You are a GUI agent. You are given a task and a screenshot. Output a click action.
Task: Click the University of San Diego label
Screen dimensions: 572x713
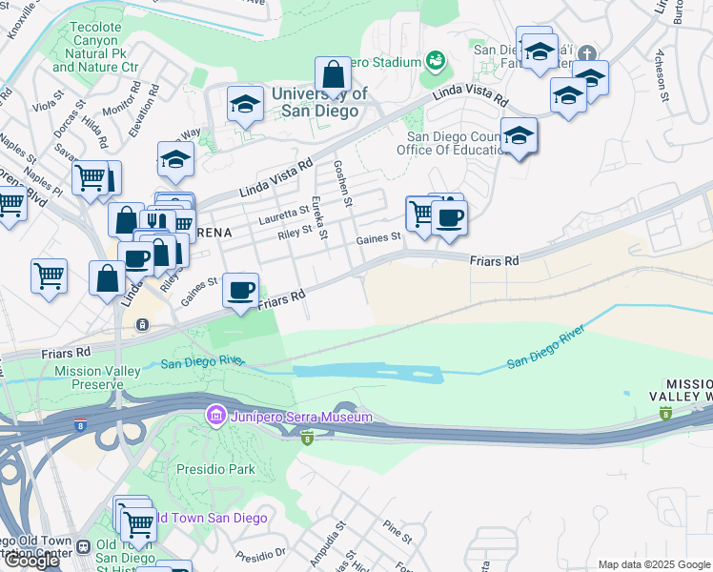coord(318,102)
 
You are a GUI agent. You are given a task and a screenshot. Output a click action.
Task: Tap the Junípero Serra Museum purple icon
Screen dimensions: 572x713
coord(215,417)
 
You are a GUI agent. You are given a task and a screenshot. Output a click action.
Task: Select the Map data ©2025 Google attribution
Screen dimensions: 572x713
coord(653,564)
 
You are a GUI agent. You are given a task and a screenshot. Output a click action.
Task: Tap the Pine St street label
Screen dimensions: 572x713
coord(396,531)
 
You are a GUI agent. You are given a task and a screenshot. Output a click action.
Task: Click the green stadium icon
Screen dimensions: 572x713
coord(437,62)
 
